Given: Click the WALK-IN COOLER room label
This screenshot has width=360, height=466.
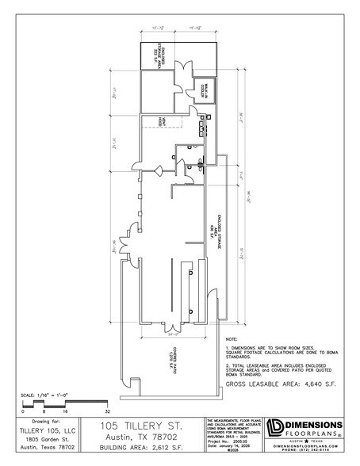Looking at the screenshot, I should point(203,90).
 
